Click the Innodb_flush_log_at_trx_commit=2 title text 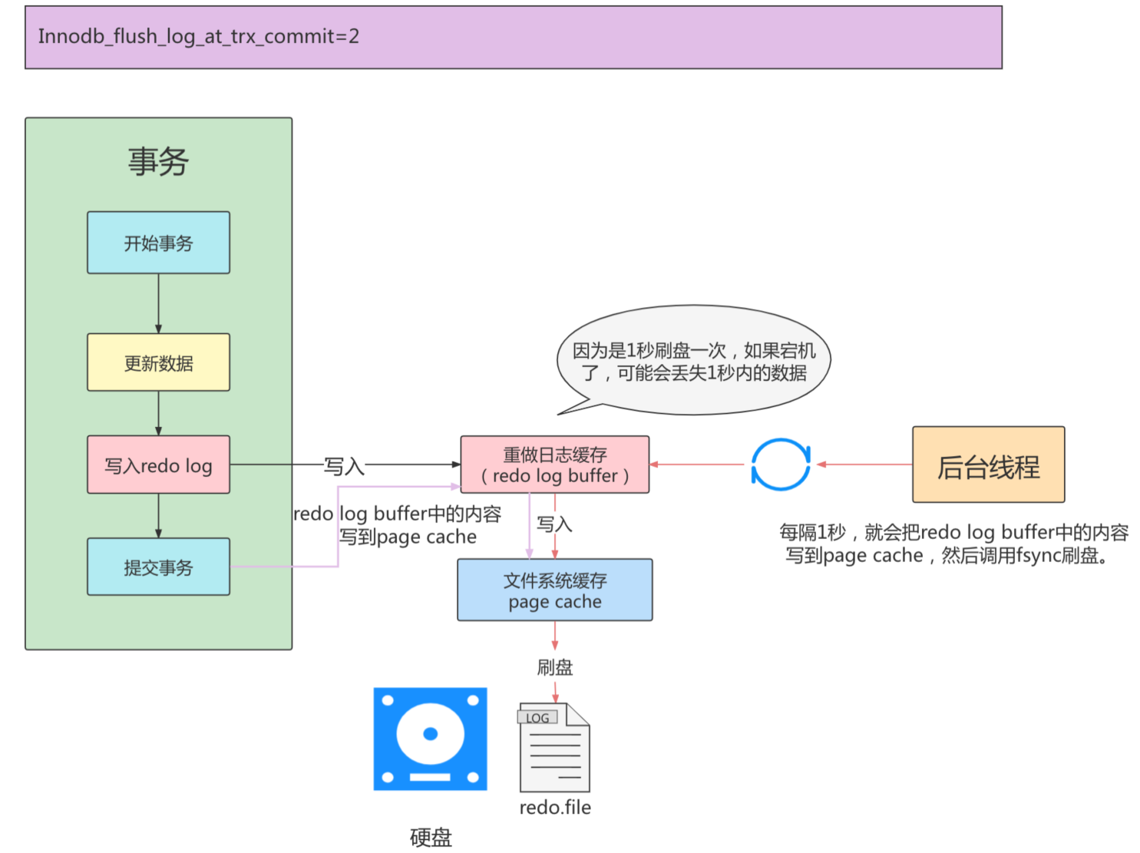coord(199,36)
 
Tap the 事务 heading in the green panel coord(158,161)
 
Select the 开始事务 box coord(158,243)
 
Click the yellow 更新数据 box coord(158,362)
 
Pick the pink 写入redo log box coord(158,465)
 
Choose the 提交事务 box coord(158,567)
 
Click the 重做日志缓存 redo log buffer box coord(554,465)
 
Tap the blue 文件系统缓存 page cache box coord(554,590)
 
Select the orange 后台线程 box coord(988,465)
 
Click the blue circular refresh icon coord(781,465)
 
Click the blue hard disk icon coord(430,739)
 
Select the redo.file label coord(555,807)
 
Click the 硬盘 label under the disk coord(431,837)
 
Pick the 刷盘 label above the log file coord(554,667)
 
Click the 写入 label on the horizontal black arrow coord(343,466)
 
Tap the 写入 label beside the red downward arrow coord(554,524)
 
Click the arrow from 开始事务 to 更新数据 coord(158,303)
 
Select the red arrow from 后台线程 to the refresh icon coord(864,465)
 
